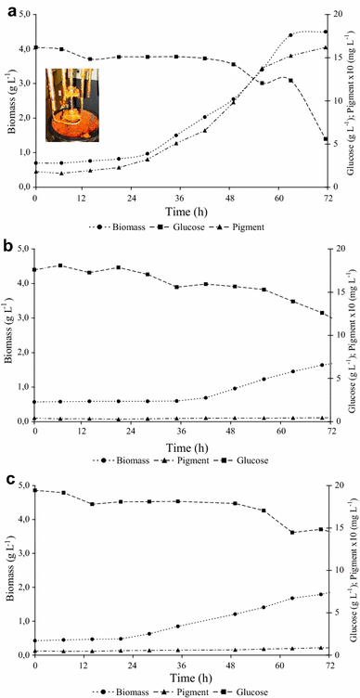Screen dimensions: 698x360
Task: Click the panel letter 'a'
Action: pos(8,8)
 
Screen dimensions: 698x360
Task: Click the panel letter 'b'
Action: pos(8,246)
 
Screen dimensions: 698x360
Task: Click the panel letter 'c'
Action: pos(8,481)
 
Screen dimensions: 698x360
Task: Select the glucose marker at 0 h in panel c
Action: pos(35,490)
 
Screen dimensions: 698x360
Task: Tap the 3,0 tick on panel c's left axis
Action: pos(22,554)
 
